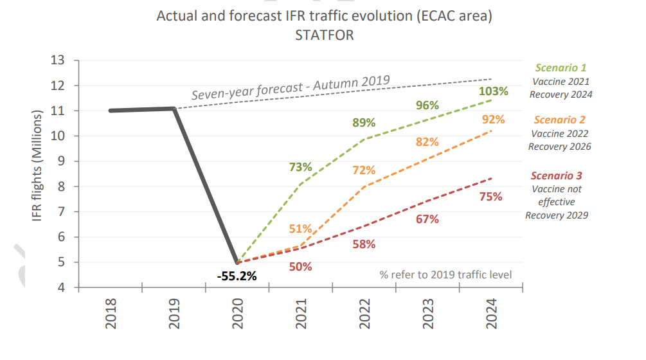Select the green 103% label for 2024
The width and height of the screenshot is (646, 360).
pos(493,91)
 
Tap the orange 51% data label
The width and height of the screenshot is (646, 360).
pos(300,228)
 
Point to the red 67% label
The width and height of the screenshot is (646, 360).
pos(427,219)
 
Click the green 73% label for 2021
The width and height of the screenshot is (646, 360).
pos(300,167)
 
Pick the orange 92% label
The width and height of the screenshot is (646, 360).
pos(493,120)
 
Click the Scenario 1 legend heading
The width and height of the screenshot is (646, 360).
pos(561,67)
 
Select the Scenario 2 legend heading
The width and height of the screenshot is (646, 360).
pos(559,120)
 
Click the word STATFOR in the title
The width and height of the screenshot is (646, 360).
pos(324,35)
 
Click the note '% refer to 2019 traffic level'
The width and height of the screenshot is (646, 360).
pos(445,274)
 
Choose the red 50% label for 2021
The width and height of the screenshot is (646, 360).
pos(300,266)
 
